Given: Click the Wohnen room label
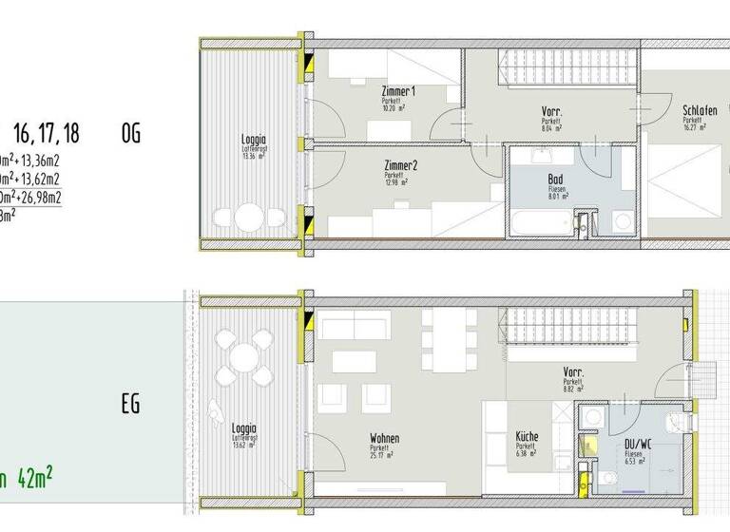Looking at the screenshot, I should click(384, 438).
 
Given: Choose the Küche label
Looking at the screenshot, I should click(527, 438).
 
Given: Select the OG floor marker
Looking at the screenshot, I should click(130, 133).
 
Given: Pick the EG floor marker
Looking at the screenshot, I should click(130, 404).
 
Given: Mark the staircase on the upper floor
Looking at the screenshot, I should click(566, 67).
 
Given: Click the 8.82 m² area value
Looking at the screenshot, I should click(573, 389).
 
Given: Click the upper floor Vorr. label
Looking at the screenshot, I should click(551, 111).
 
